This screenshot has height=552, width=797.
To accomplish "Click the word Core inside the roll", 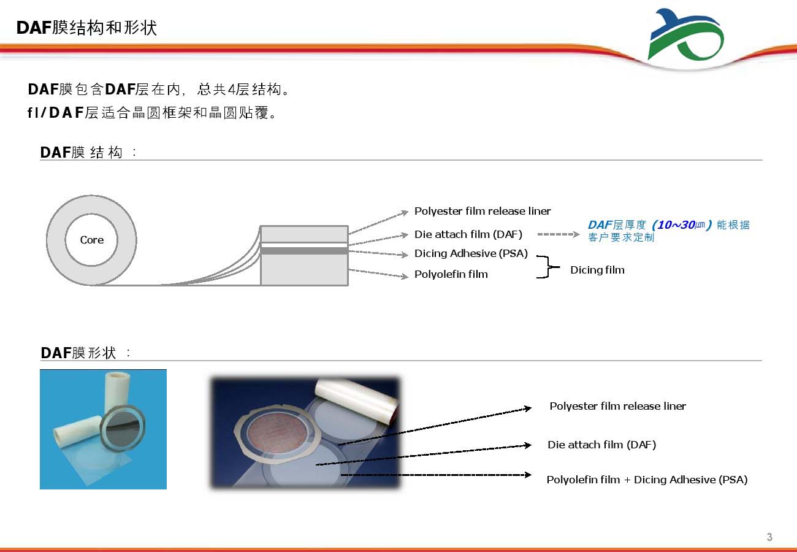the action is pos(92,240).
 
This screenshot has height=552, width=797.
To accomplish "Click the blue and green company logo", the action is pos(685,34).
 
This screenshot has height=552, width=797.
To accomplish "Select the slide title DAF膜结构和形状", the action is pos(86,28).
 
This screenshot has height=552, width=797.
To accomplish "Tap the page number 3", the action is pos(769,537).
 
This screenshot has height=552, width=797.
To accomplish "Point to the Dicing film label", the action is pos(597,270).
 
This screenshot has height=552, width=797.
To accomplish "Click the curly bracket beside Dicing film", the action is pos(548,267).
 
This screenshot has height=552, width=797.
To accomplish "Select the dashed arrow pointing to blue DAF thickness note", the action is pos(559,234).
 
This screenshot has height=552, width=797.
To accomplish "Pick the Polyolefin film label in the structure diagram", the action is pos(451,274).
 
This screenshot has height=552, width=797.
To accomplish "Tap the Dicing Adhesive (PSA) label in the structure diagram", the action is pos(471,253).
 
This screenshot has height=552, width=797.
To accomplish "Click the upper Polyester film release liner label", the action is pos(482,211).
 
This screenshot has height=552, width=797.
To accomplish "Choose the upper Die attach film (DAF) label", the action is pos(468,234).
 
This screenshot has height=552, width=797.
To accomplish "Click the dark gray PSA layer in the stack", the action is pos(304,251).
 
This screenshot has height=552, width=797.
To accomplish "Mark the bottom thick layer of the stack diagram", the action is pos(304,269).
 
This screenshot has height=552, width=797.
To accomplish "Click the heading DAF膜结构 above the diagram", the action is pos(81,152).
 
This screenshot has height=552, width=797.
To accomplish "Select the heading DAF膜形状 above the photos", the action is pos(78,353).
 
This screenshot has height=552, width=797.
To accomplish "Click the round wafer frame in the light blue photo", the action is pos(123,427).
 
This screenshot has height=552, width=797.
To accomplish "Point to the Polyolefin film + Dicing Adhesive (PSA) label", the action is pos(647,480).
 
